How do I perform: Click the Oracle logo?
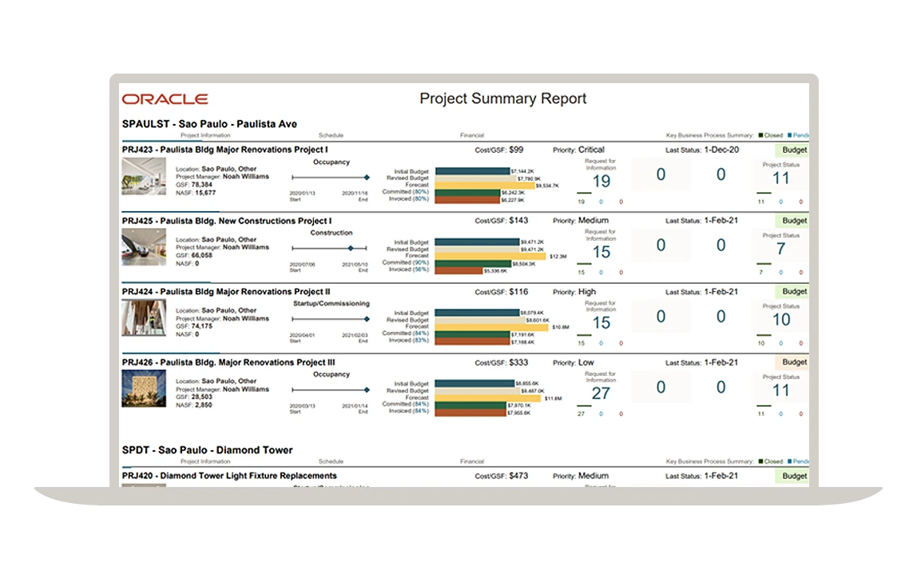[x=165, y=99]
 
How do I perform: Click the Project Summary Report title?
[x=502, y=99]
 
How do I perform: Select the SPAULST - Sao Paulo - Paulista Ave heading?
[x=209, y=124]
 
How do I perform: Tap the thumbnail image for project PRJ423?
[x=144, y=176]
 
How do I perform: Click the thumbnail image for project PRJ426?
[x=144, y=389]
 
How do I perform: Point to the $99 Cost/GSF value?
[x=516, y=150]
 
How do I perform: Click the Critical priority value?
[x=591, y=150]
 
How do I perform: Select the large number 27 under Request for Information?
[x=601, y=393]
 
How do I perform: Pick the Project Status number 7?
[x=780, y=250]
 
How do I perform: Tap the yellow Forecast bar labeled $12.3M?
[x=488, y=256]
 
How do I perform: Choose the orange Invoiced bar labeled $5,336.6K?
[x=459, y=270]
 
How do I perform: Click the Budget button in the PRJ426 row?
[x=794, y=362]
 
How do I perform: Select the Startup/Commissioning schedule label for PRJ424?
[x=331, y=304]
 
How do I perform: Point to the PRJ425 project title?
[x=227, y=221]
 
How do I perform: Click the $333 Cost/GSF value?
[x=518, y=362]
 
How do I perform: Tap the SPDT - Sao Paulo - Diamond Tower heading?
[x=207, y=450]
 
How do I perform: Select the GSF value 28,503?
[x=202, y=397]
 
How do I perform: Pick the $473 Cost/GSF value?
[x=518, y=476]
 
